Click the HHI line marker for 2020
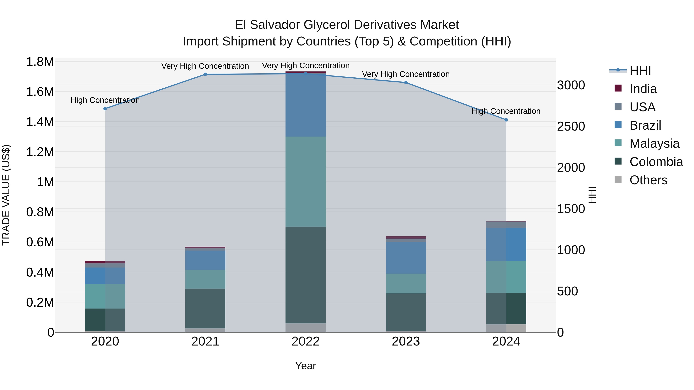[105, 109]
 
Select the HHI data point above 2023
[406, 83]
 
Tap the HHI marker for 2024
[506, 120]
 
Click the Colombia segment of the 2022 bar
[306, 274]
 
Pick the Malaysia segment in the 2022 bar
[306, 182]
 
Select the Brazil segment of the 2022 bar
[306, 105]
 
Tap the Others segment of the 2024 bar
[506, 328]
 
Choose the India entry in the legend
[643, 89]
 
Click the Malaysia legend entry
[654, 143]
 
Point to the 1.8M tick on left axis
[40, 62]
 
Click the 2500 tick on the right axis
[571, 127]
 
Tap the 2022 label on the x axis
[306, 341]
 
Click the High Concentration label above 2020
[105, 100]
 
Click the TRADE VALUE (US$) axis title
[6, 195]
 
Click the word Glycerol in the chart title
[327, 25]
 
